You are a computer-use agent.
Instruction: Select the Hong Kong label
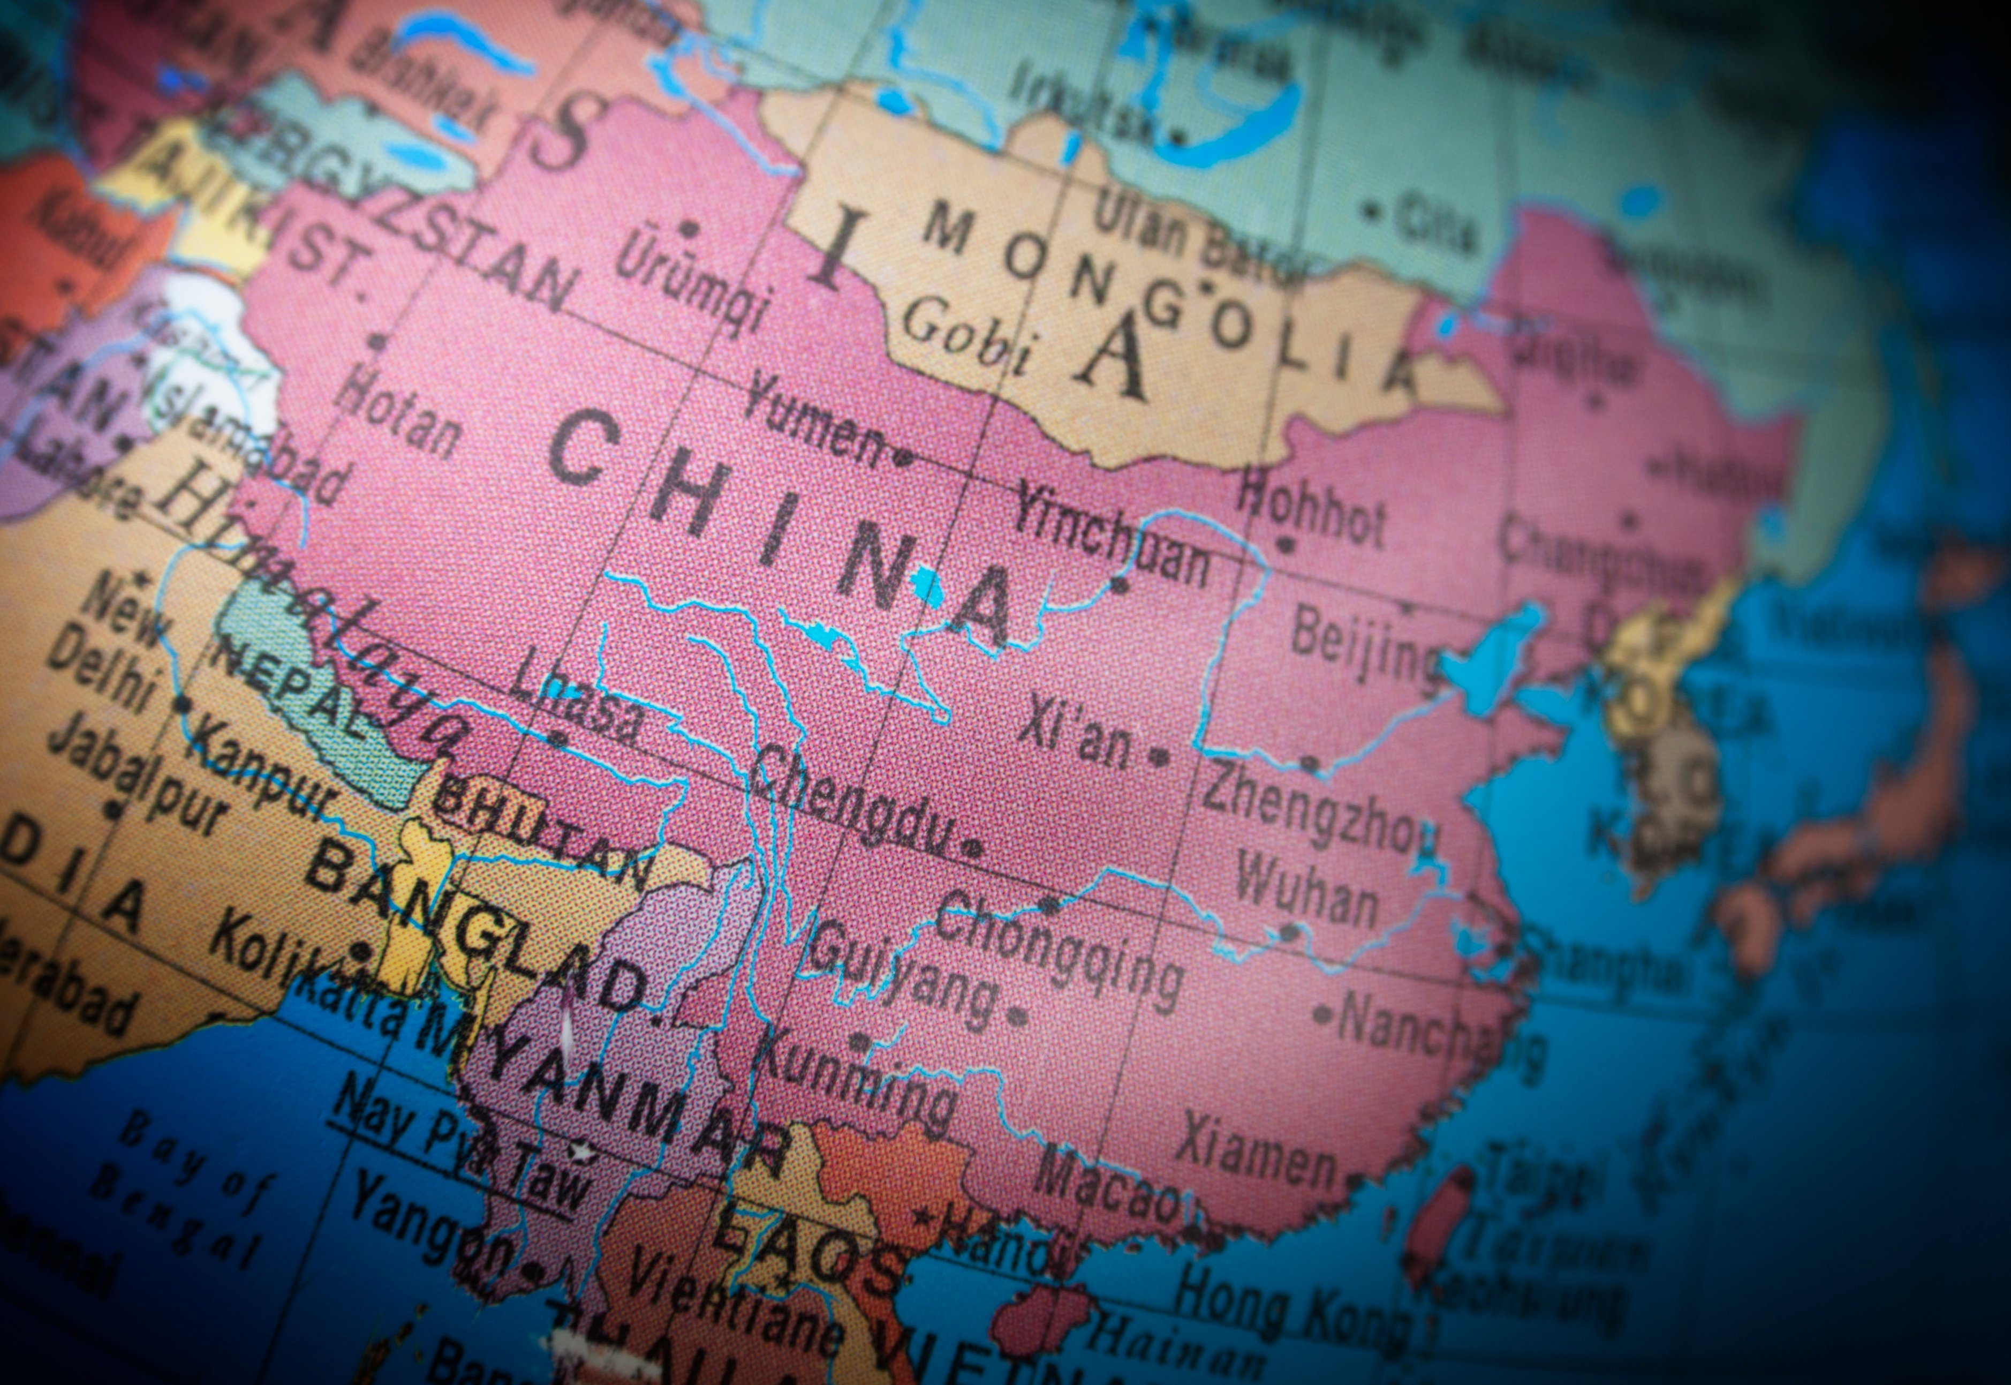tap(1292, 1311)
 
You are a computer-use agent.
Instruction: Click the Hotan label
tap(399, 412)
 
